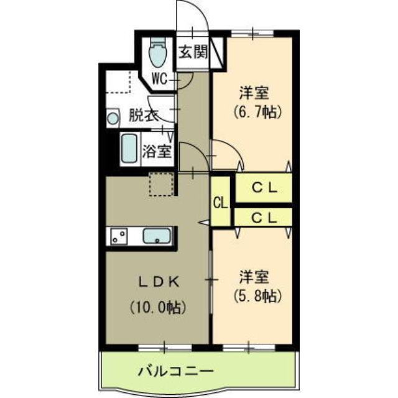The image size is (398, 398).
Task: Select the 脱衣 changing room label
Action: (144, 115)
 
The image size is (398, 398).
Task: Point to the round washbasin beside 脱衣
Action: (113, 118)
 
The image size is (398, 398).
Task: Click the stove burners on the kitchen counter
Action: (119, 236)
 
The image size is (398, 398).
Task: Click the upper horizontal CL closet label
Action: (264, 187)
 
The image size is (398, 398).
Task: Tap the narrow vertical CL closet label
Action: (220, 203)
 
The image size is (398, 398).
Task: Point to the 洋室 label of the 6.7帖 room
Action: (255, 93)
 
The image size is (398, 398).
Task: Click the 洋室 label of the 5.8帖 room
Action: (255, 275)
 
